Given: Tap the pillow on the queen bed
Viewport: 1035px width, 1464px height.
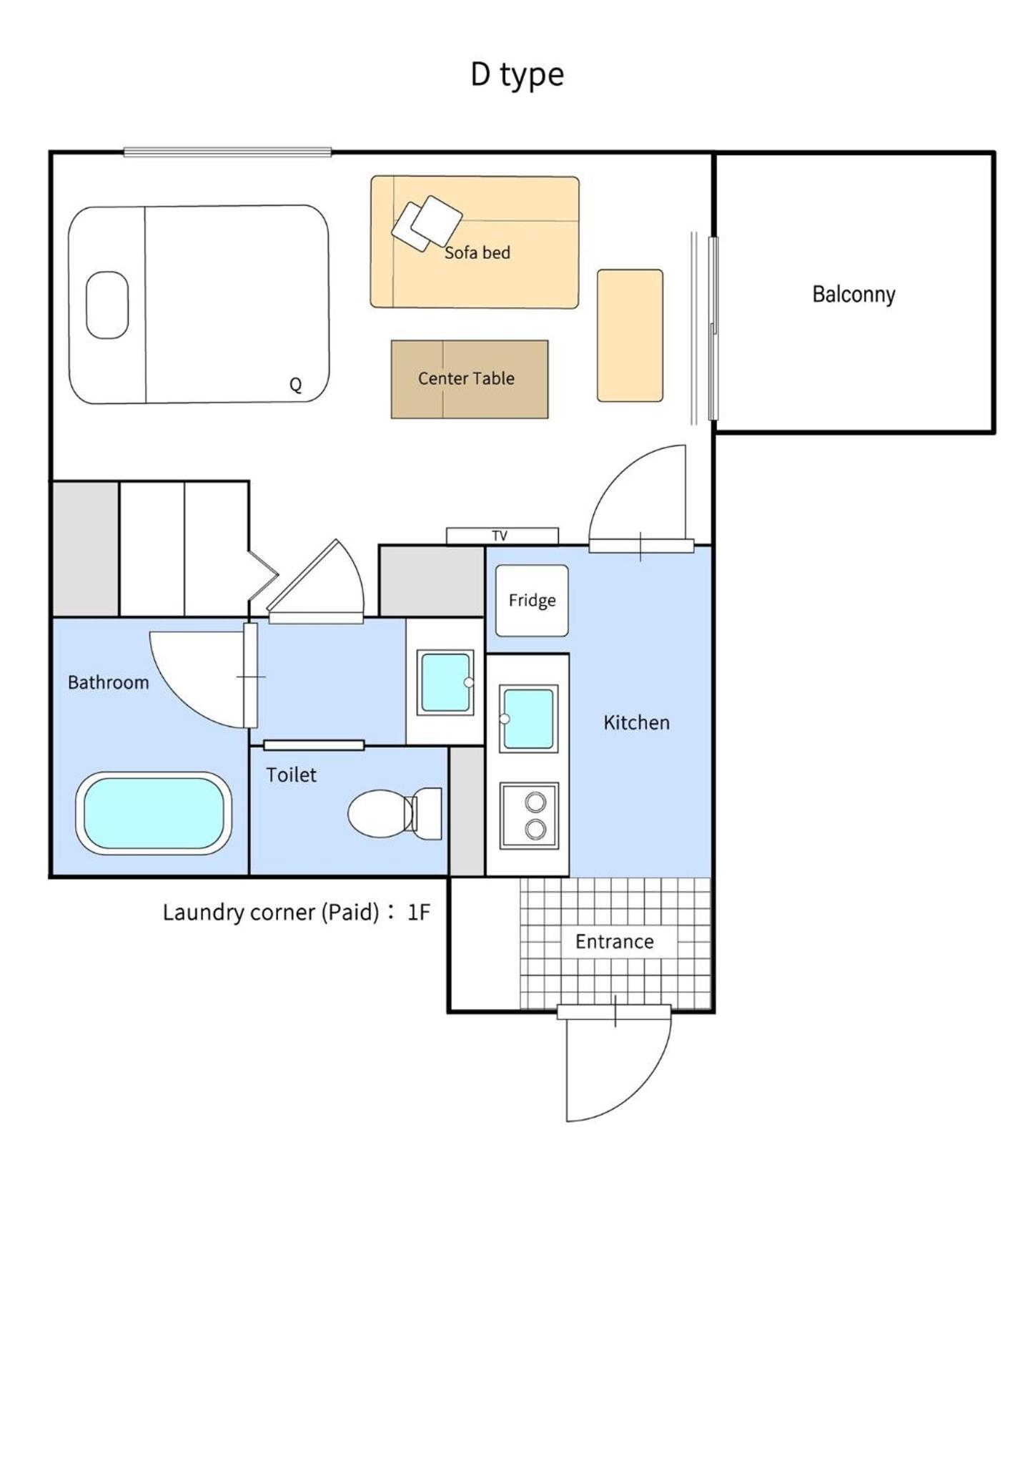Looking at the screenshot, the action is coord(107,305).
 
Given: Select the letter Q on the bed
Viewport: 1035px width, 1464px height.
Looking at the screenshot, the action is coord(295,385).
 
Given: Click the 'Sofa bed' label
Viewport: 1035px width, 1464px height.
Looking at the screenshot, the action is coord(477,252).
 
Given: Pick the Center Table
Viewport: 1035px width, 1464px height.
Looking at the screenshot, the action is coord(470,379).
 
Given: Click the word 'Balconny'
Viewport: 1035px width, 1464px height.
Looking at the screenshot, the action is coord(853,295).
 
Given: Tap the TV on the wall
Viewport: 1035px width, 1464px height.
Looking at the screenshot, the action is coord(502,536).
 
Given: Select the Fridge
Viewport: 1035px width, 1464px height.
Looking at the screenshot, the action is coord(532,601).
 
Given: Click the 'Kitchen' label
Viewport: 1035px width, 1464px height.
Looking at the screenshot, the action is coord(636,722).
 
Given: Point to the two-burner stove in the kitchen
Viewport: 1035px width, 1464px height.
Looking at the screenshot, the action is coord(529,815).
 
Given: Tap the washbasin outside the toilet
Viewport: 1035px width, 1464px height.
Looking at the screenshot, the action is coord(445,682).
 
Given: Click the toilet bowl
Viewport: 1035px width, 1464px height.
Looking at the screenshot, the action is coord(395,814).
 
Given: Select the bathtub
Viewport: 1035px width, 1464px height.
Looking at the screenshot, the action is coord(154,813).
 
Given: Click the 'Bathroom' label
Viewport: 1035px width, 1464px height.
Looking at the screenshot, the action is coord(108,682).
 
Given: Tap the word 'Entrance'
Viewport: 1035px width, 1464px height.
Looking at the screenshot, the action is coord(615,941).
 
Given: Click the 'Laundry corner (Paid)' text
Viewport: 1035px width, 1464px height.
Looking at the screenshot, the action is coord(271,913).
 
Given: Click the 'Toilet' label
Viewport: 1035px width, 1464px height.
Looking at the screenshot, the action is coord(291,775).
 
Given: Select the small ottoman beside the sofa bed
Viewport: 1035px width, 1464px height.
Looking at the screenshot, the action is coord(630,335).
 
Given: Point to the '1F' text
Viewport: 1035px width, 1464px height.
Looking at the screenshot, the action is coord(419,912).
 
